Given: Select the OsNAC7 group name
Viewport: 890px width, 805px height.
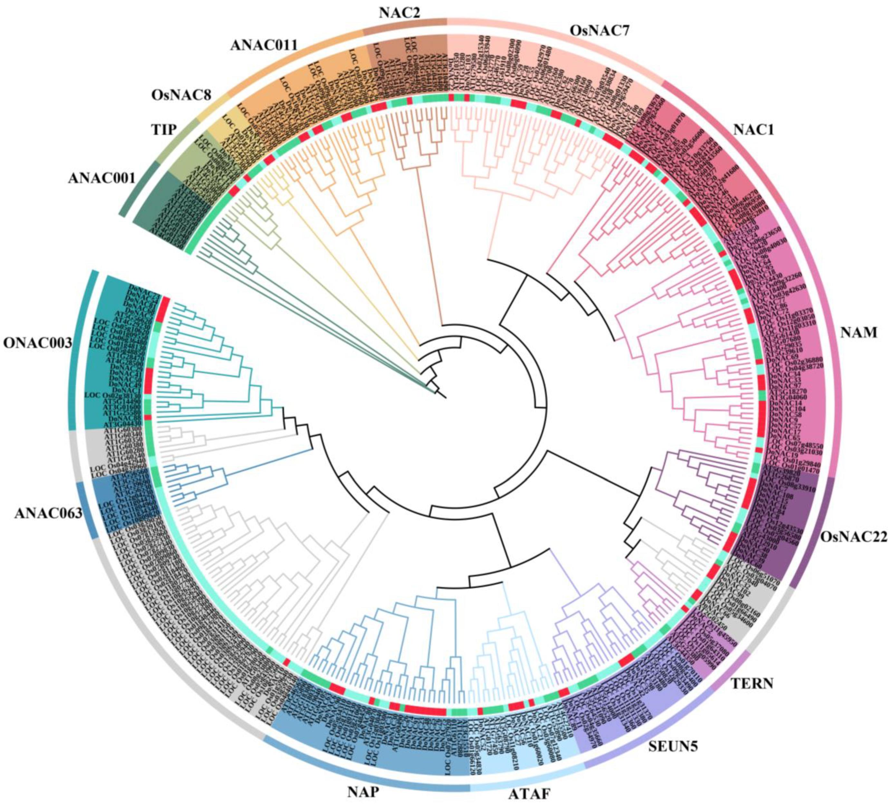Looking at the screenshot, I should point(600,31).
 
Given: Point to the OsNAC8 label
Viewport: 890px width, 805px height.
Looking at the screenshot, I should point(181,94).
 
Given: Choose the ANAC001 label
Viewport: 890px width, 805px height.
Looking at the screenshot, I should point(102,177).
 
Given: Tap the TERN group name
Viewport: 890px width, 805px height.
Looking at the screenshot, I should point(752,684).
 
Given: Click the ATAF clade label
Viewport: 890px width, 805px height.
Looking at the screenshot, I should point(529,781).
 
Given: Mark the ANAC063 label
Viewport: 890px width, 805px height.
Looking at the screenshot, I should point(48,513).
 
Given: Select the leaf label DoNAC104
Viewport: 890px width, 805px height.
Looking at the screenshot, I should point(787,409).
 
